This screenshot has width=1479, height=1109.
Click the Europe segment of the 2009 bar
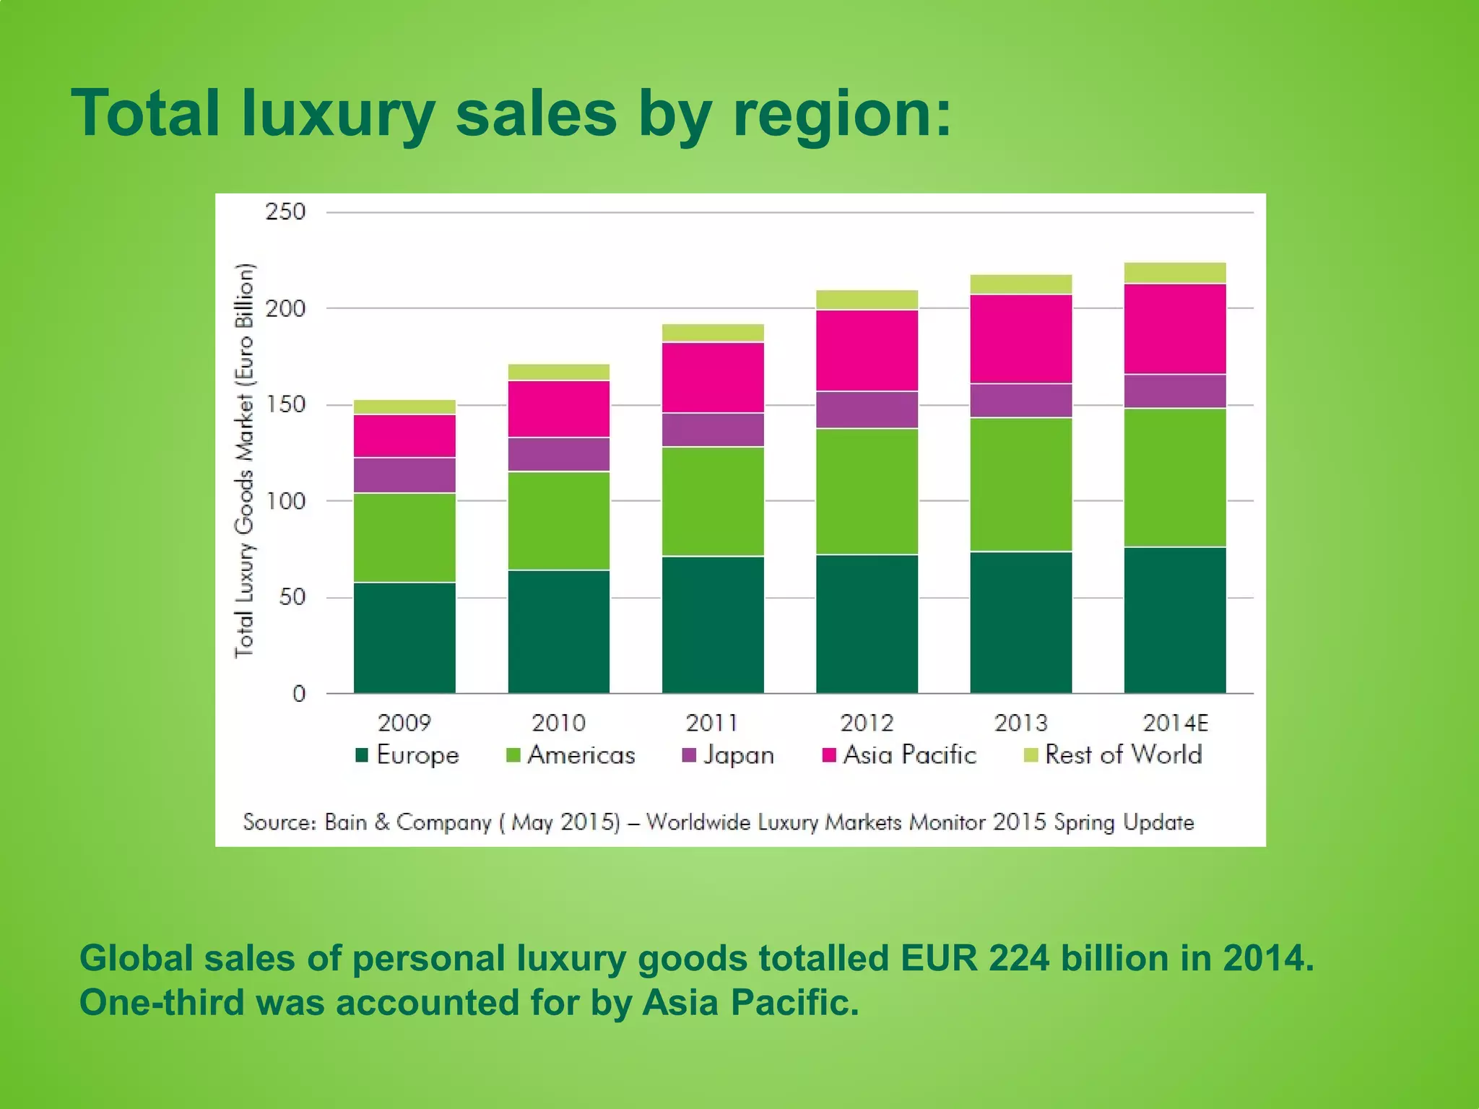tap(404, 638)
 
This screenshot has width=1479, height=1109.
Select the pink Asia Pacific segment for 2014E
tap(1175, 329)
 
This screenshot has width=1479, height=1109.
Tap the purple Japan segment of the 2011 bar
tap(713, 430)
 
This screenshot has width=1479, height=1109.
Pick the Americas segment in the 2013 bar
tap(1020, 484)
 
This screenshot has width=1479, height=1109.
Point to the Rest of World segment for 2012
tap(867, 300)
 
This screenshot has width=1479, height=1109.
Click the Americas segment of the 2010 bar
tap(558, 521)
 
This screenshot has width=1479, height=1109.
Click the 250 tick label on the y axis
tap(285, 212)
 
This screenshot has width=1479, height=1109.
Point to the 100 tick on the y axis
tap(285, 501)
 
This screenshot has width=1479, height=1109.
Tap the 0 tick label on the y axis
tap(299, 694)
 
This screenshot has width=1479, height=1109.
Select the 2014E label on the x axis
tap(1175, 723)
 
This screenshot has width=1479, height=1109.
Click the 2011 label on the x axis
tap(712, 723)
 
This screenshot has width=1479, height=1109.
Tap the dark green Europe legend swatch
tap(363, 755)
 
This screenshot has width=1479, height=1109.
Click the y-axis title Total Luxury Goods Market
tap(245, 461)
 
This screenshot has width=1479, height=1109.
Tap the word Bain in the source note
tap(345, 822)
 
